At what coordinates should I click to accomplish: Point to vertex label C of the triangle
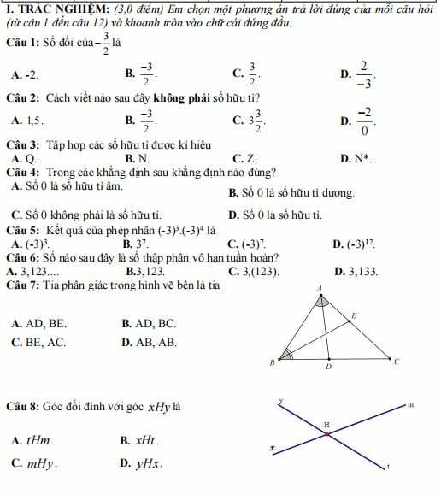point(397,362)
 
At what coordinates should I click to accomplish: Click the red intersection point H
point(327,433)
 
